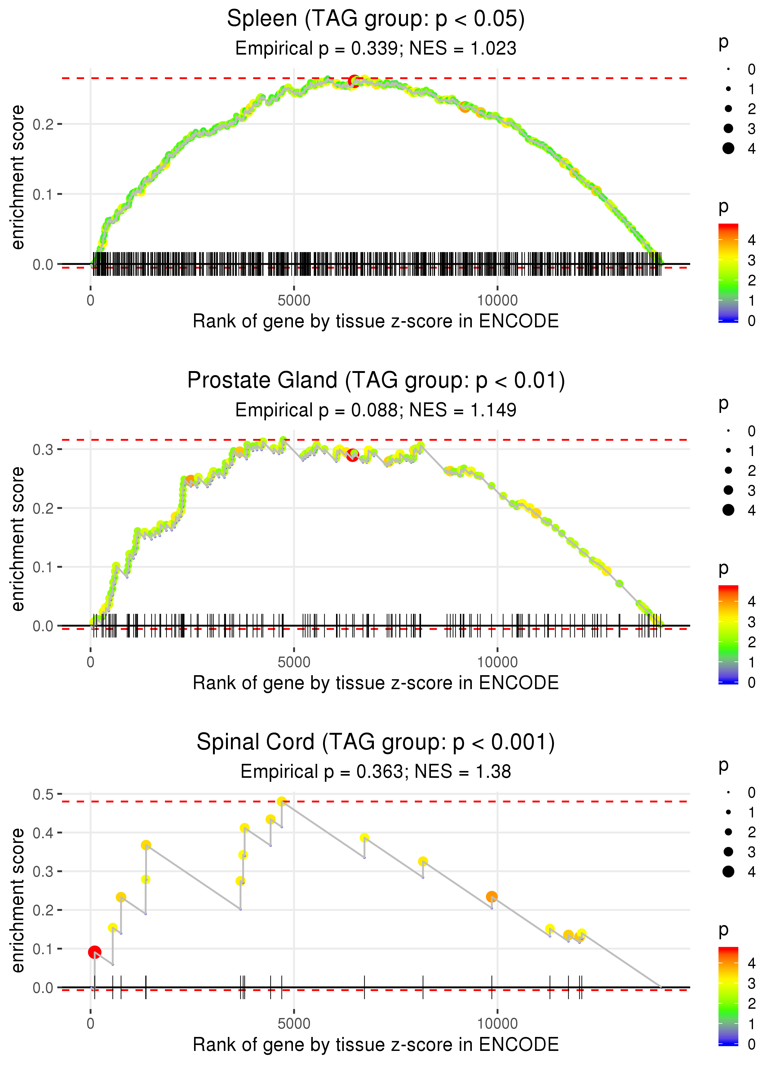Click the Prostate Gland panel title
point(376,381)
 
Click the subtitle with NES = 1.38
point(376,772)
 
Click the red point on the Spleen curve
point(354,81)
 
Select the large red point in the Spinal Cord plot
point(95,952)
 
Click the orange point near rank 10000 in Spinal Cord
point(492,897)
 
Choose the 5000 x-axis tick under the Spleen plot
point(294,301)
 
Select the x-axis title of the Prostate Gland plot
point(376,683)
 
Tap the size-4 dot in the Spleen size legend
point(728,148)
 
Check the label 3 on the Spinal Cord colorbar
point(751,983)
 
